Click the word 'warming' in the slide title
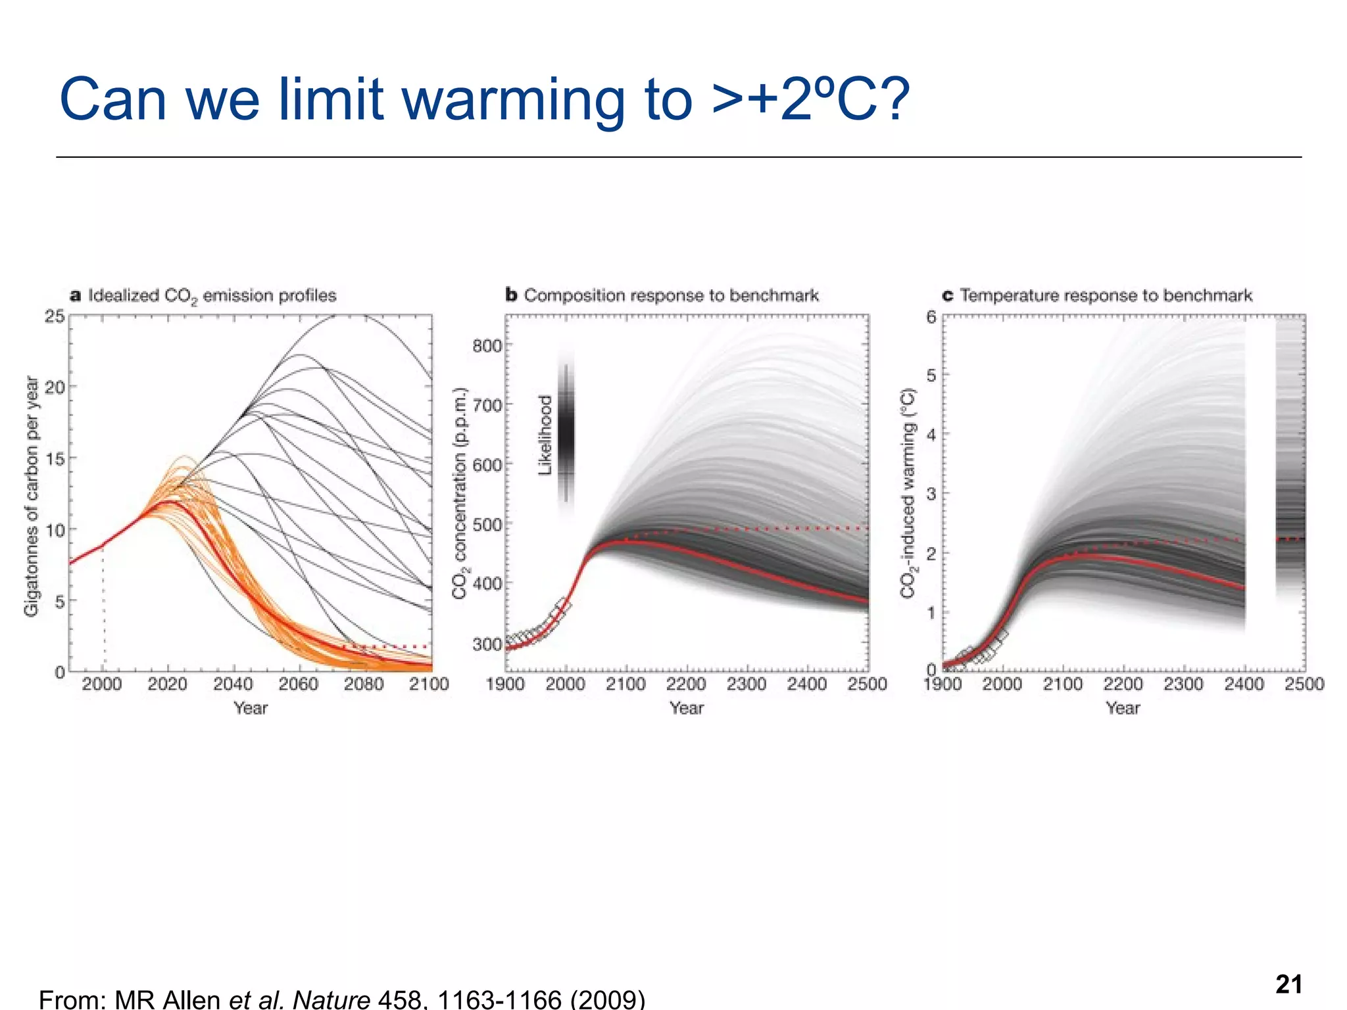(x=514, y=101)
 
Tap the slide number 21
(x=1288, y=984)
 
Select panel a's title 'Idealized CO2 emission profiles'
(x=212, y=295)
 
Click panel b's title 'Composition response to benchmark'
(x=671, y=295)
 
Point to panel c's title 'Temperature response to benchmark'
(x=1106, y=295)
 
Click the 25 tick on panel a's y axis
(x=55, y=316)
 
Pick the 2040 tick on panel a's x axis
(x=233, y=685)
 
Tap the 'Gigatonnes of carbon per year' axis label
(x=32, y=496)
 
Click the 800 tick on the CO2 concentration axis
(x=487, y=346)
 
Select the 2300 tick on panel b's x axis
(x=747, y=685)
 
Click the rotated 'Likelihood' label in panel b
(x=545, y=435)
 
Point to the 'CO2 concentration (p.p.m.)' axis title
(x=460, y=493)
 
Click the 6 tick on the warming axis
(x=931, y=317)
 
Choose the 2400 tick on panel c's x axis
(x=1244, y=685)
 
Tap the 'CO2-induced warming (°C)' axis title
(x=908, y=493)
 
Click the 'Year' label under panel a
(x=251, y=708)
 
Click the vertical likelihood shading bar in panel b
(x=566, y=434)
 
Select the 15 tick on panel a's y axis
(x=56, y=458)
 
